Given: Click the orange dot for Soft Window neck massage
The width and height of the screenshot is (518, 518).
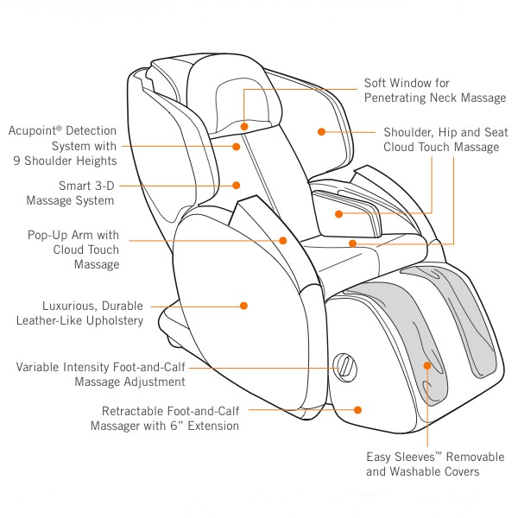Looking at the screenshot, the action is point(244,126).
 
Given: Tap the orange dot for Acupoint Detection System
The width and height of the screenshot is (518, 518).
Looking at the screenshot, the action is point(237,147).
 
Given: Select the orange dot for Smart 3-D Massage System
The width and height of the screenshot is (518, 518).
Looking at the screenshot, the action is point(237,186).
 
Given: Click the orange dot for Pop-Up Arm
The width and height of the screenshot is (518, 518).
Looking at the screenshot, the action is point(283,241).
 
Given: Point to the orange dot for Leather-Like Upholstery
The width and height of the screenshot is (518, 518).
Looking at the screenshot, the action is point(243,306).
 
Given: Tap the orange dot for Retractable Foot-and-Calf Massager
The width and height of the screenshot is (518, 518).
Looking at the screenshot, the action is point(357,410).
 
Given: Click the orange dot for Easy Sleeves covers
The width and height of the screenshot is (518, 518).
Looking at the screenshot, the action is point(427,366).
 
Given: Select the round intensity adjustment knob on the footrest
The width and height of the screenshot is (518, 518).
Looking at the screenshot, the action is point(344,368).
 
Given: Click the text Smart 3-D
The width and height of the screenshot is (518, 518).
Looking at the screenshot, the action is point(86,186).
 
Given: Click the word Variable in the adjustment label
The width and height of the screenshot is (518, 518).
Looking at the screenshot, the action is point(37,367).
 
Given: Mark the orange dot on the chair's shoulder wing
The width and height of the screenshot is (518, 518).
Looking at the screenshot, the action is point(321,132).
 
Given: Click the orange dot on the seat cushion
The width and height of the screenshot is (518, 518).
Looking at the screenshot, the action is point(353,243).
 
